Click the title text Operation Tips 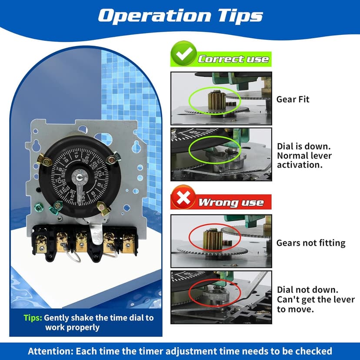click(x=180, y=16)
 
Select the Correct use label click(x=233, y=59)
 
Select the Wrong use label click(x=231, y=202)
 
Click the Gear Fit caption click(x=293, y=99)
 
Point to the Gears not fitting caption click(x=311, y=243)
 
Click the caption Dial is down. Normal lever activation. click(x=304, y=156)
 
